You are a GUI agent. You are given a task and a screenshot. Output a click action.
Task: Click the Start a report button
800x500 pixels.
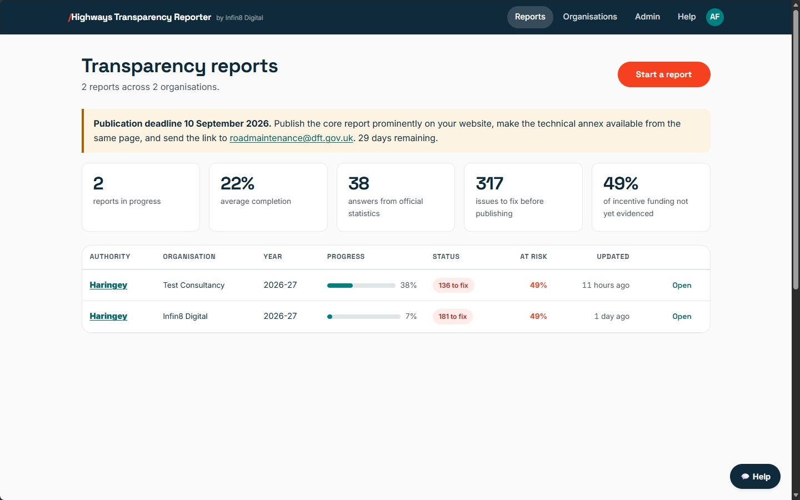663,74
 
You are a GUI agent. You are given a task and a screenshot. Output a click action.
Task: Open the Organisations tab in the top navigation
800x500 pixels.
590,17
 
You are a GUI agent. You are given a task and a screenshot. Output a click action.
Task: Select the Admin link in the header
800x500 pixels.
647,17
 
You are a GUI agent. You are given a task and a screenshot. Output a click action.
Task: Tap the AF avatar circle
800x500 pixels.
714,17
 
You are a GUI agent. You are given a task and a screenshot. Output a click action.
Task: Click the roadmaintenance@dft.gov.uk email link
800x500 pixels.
291,138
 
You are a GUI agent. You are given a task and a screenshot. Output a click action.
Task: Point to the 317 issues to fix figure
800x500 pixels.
489,183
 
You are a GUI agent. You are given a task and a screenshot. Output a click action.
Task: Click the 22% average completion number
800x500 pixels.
237,183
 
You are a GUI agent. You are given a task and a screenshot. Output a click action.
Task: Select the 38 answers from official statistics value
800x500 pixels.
358,183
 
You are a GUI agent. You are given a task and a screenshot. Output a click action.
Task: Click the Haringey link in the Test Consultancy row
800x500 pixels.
108,285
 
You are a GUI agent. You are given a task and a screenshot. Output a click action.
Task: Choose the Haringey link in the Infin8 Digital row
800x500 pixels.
108,316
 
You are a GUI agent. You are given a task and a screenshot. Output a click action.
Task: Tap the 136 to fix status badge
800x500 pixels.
453,286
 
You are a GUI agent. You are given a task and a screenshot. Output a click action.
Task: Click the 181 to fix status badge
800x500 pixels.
452,317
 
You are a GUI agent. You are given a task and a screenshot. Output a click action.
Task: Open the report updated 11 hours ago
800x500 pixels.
682,286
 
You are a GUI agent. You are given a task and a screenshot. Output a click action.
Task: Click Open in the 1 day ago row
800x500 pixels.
682,317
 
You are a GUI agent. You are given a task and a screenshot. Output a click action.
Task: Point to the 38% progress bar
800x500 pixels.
361,286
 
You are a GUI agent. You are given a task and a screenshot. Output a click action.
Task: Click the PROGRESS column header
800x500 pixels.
346,257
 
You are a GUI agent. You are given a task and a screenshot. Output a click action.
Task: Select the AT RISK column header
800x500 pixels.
533,257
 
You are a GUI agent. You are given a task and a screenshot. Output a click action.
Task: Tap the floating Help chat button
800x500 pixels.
755,477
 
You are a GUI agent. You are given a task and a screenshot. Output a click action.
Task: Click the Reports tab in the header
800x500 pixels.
530,17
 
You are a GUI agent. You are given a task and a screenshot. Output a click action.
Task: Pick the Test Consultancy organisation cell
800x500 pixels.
193,285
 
